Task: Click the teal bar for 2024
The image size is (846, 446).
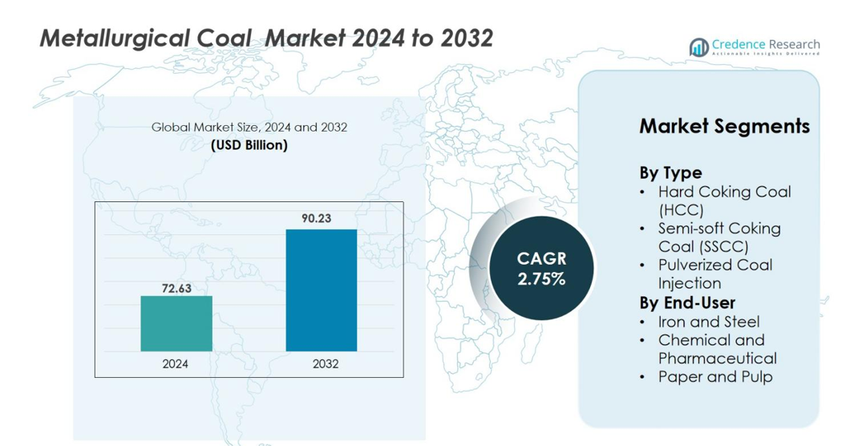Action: click(176, 323)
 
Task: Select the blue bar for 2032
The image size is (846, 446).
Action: click(321, 290)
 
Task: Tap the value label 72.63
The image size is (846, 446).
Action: click(176, 288)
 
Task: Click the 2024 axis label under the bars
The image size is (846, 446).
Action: click(176, 363)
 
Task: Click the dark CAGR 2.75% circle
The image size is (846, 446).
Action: click(541, 269)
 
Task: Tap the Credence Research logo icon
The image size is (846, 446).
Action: click(699, 47)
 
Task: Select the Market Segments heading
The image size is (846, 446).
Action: click(724, 126)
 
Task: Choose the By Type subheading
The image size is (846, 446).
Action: click(670, 172)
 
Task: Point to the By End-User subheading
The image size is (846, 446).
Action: click(687, 302)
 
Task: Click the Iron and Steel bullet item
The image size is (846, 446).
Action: click(709, 322)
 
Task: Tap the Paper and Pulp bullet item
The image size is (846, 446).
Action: click(715, 376)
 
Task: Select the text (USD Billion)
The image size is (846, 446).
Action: click(249, 145)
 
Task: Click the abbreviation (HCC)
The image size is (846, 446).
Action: click(681, 210)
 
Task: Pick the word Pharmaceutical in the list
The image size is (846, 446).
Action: click(718, 358)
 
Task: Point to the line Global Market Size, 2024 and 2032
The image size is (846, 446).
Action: click(249, 128)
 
